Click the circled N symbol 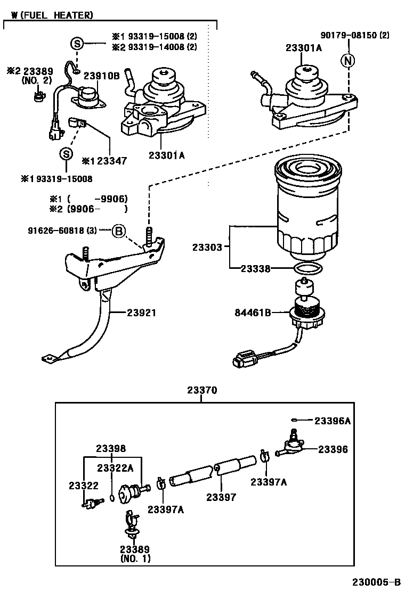(348, 61)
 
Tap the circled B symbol (119, 231)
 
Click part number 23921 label (141, 313)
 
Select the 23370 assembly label (202, 390)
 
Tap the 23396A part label (332, 421)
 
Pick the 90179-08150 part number (355, 36)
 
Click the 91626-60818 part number (62, 231)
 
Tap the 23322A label (115, 467)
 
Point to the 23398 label (111, 448)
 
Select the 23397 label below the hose (221, 497)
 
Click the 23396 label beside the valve (333, 449)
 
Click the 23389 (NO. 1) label (134, 554)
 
